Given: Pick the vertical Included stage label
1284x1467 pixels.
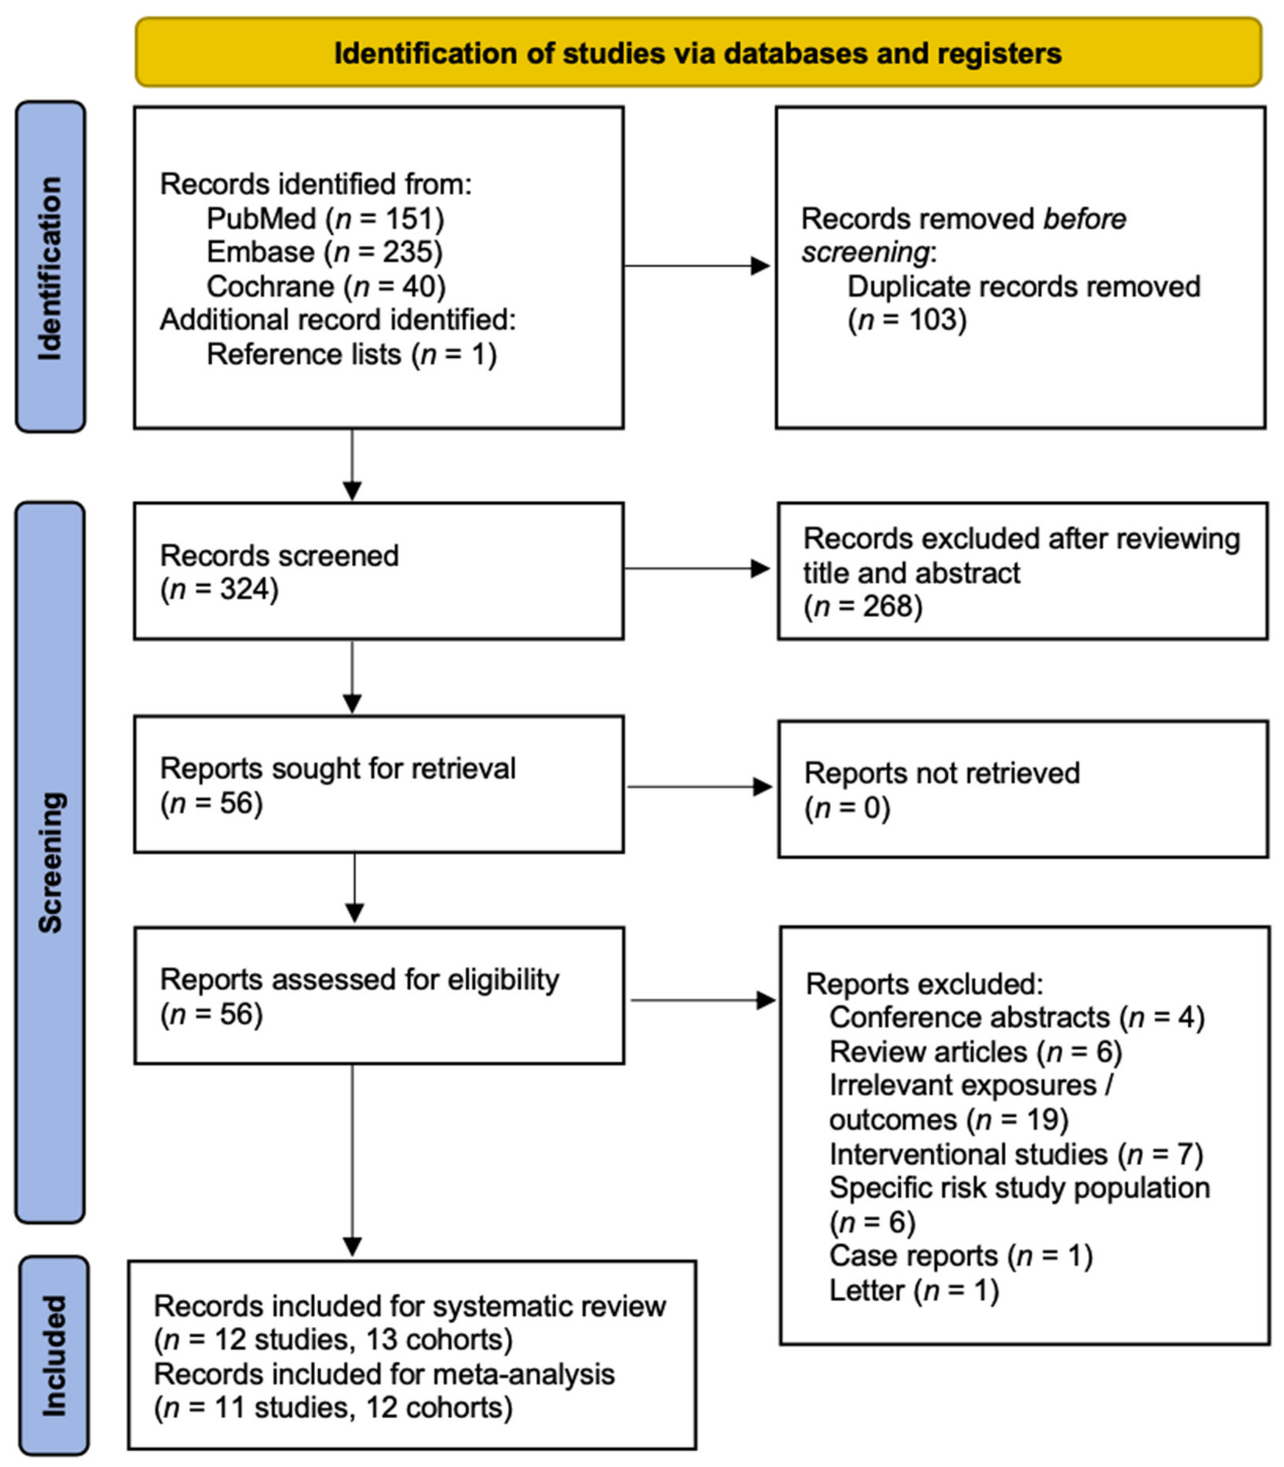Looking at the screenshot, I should coord(54,1356).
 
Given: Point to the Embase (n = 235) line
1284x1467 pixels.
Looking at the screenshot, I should coord(325,252).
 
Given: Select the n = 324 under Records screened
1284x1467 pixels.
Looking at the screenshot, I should coord(219,590).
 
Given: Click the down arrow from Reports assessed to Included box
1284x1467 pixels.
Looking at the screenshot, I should coord(352,1161).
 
